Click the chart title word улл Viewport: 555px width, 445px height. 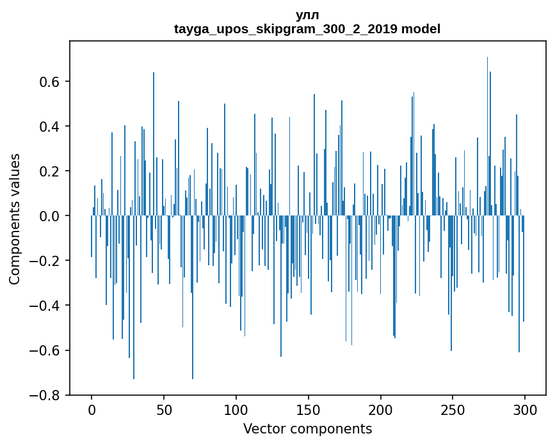(x=307, y=15)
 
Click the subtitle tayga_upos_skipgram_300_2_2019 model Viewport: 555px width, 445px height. (x=307, y=29)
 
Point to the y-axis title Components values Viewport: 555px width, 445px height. (x=15, y=219)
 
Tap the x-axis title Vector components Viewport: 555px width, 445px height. (x=307, y=428)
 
